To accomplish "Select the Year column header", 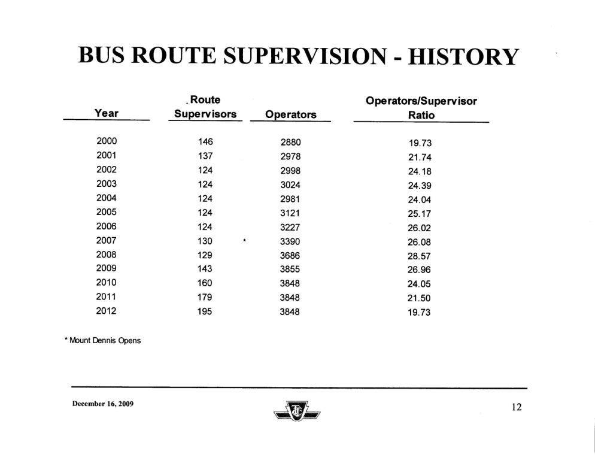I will pyautogui.click(x=107, y=113).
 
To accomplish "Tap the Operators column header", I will pyautogui.click(x=290, y=114).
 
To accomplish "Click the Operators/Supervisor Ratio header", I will pyautogui.click(x=421, y=108).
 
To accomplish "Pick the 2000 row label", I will pyautogui.click(x=107, y=142).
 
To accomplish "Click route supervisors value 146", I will pyautogui.click(x=205, y=143).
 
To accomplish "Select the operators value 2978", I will pyautogui.click(x=290, y=157).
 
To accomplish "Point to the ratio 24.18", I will pyautogui.click(x=419, y=171).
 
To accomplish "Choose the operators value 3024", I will pyautogui.click(x=290, y=184).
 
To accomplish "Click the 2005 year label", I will pyautogui.click(x=107, y=212).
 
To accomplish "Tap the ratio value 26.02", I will pyautogui.click(x=419, y=228).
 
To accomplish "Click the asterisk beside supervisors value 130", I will pyautogui.click(x=244, y=241).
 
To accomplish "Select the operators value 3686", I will pyautogui.click(x=290, y=255).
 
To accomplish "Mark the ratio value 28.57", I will pyautogui.click(x=419, y=256).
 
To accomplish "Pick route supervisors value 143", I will pyautogui.click(x=205, y=269).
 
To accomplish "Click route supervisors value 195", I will pyautogui.click(x=205, y=311).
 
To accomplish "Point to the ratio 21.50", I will pyautogui.click(x=419, y=298).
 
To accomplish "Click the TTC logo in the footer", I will pyautogui.click(x=297, y=411).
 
